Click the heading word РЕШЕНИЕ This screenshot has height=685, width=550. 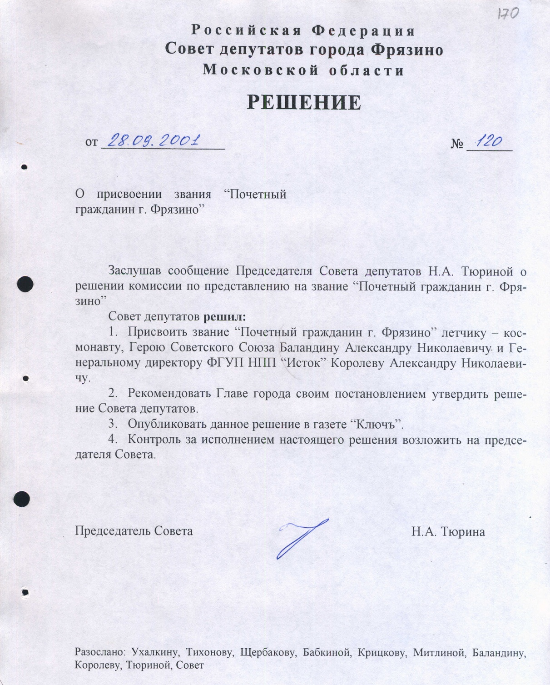304,103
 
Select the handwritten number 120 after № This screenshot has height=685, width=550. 489,141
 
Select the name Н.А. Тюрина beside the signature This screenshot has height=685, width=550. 448,531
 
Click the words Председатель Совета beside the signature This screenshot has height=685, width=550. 134,531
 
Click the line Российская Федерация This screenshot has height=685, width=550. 303,30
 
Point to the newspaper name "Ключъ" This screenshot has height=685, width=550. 377,424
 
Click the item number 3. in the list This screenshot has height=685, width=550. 113,424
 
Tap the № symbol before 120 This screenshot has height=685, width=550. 457,144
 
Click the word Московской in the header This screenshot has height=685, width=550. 259,70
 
